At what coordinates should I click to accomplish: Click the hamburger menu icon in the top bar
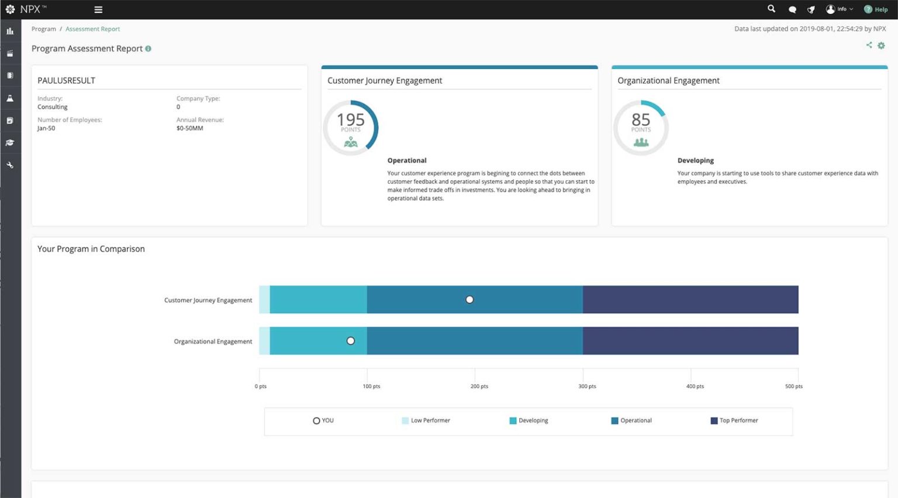click(x=98, y=9)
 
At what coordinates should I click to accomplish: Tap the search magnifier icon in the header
click(x=771, y=9)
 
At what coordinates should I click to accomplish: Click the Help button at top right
click(x=876, y=9)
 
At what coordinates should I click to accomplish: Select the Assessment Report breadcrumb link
click(x=92, y=29)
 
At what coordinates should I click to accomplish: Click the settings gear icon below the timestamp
click(x=881, y=46)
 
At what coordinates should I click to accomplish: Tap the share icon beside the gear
click(x=869, y=45)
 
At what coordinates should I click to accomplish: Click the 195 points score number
click(x=351, y=120)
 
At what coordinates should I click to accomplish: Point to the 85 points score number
click(x=641, y=120)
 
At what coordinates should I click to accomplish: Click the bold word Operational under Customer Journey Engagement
click(x=407, y=161)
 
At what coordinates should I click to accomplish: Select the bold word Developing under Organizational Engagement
click(x=695, y=161)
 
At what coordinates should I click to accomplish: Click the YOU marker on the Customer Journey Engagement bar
click(x=469, y=300)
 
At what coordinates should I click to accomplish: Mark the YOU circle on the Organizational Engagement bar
click(x=351, y=341)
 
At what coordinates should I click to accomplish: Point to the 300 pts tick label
click(x=587, y=386)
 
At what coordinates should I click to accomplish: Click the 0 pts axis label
click(x=261, y=386)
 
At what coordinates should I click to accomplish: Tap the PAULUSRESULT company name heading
click(x=66, y=81)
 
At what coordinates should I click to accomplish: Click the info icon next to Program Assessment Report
click(x=148, y=49)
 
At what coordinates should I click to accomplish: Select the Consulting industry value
click(x=53, y=107)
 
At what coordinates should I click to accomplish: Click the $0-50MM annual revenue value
click(x=190, y=128)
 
